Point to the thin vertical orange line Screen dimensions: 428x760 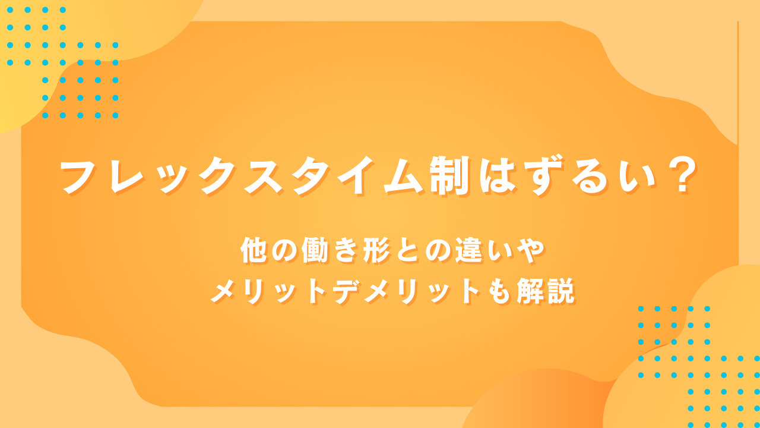(738, 83)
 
